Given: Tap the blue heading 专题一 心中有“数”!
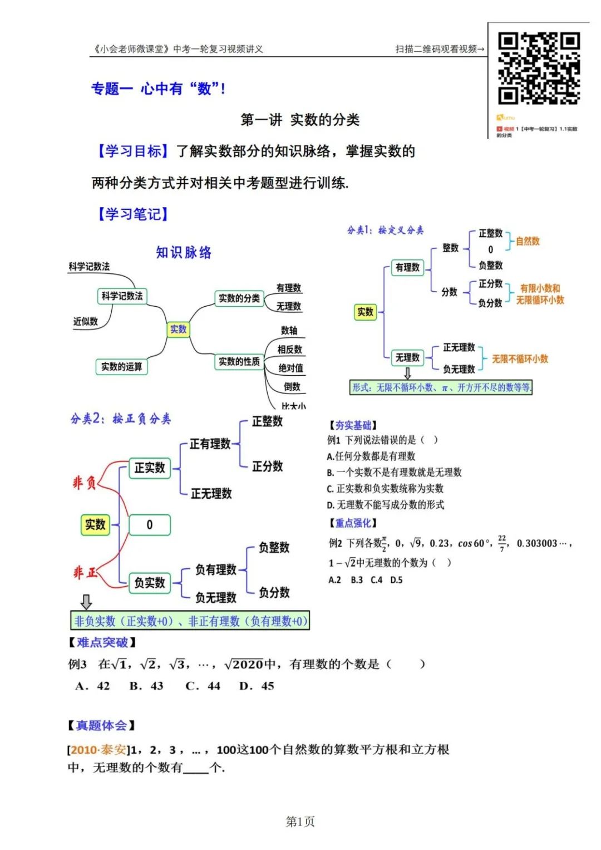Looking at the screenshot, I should tap(158, 89).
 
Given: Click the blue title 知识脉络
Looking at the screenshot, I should tap(184, 252).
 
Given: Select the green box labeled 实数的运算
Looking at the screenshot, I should tap(121, 366).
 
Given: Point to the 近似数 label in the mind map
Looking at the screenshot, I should tap(85, 321).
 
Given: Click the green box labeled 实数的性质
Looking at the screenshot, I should tap(239, 361).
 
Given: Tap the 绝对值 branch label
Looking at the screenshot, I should tap(291, 368).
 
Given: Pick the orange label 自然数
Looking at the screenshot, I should tap(528, 241).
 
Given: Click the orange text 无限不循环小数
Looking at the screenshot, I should tap(520, 359).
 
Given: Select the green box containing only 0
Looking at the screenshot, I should tap(149, 524).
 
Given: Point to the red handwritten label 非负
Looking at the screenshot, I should tap(85, 482).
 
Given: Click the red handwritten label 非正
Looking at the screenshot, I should tap(85, 572).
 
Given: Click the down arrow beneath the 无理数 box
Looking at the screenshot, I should tap(407, 373).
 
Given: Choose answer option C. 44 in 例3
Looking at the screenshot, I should tap(203, 686).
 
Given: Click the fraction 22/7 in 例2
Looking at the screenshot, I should tap(502, 543).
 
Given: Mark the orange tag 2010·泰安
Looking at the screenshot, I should tap(98, 750).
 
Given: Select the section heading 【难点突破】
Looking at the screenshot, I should tap(102, 642).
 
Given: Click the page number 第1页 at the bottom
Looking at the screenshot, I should tap(300, 821).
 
